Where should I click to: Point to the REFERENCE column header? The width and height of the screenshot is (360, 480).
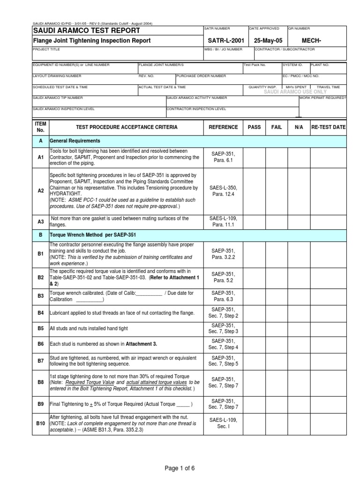[223, 127]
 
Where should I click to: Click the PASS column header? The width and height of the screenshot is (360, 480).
[254, 127]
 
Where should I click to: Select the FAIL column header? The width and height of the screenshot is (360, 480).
[277, 127]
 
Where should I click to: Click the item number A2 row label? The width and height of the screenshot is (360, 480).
[40, 191]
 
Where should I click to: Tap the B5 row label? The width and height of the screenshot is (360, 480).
[40, 329]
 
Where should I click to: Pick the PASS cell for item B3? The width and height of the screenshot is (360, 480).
[254, 296]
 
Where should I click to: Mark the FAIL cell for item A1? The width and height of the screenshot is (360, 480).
[277, 157]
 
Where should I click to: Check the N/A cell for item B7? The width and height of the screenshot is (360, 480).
[299, 361]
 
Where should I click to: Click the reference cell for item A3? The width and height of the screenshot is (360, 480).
[223, 221]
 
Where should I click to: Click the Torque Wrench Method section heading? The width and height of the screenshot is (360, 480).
[93, 234]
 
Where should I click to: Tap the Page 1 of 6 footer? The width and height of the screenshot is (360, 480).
[180, 468]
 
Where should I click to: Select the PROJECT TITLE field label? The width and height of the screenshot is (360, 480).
[45, 49]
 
